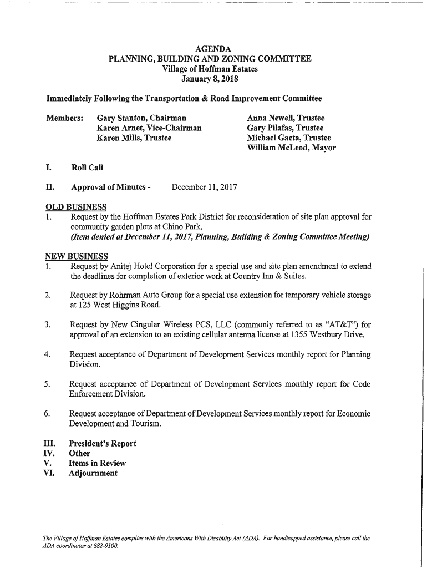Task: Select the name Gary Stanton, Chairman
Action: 141,118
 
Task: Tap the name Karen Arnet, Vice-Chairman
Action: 149,128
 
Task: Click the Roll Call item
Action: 87,168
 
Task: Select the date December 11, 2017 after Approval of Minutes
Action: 204,187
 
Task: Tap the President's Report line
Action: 102,444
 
